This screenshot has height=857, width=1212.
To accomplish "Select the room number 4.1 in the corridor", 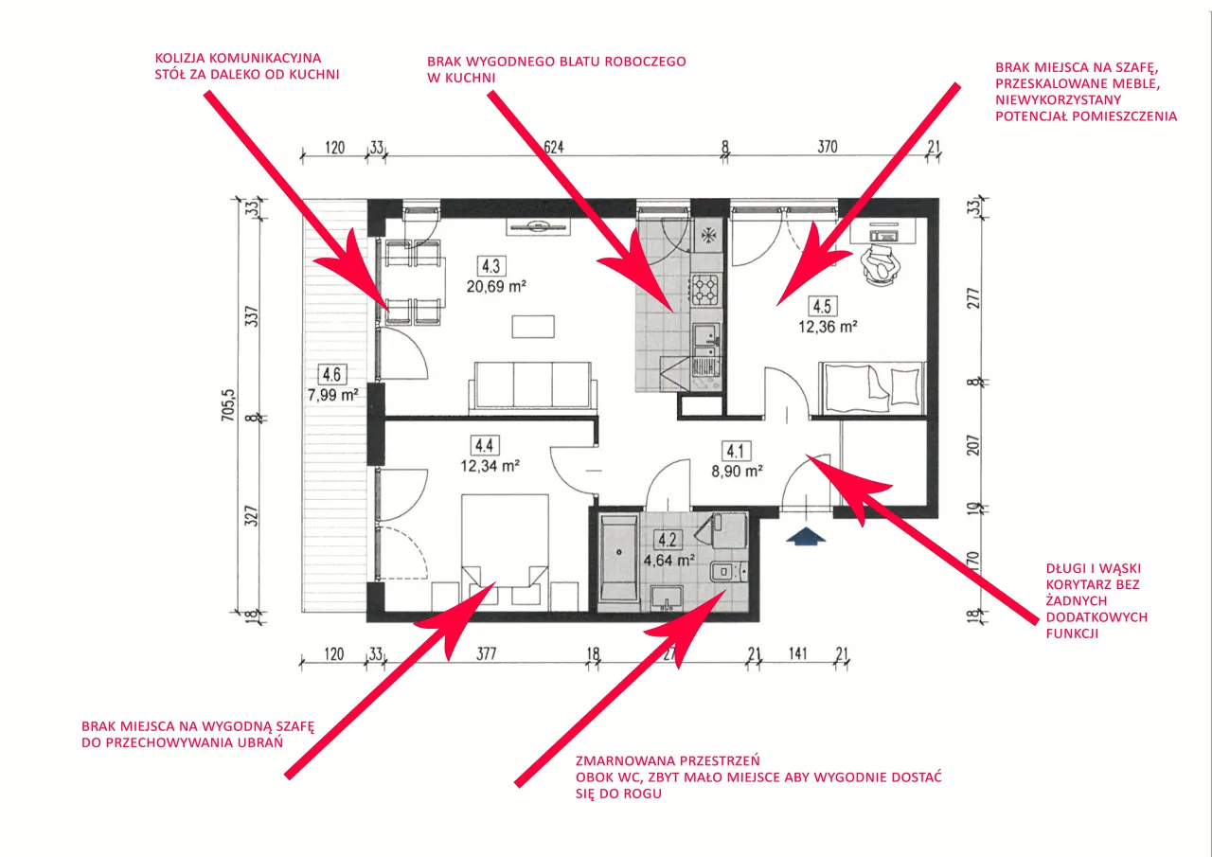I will click(x=735, y=451).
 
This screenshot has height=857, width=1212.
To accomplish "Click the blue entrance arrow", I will click(x=804, y=537).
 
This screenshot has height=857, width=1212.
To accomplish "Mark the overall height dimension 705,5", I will click(x=228, y=405).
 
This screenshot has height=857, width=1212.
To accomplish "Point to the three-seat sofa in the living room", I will click(x=533, y=388).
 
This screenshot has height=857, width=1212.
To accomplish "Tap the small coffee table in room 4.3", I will click(x=529, y=326).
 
